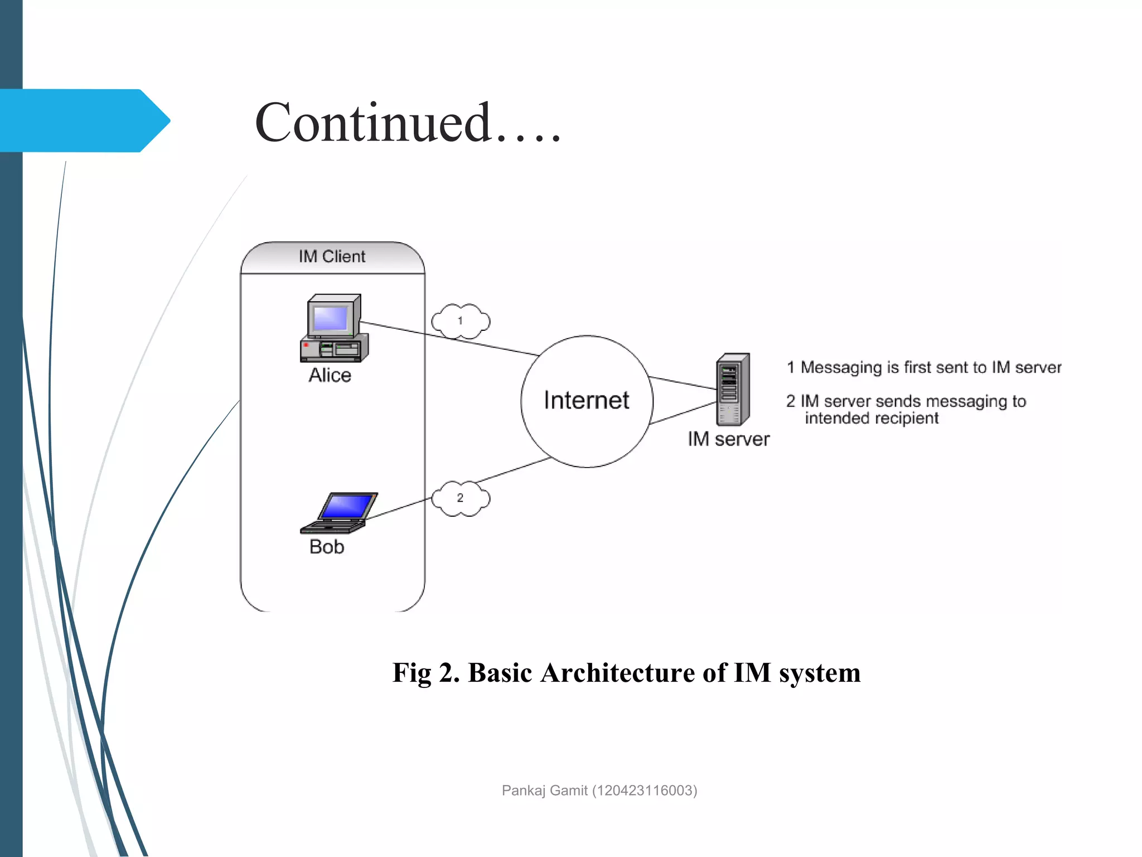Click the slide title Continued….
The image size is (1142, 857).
pos(407,123)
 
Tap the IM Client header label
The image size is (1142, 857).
pos(332,257)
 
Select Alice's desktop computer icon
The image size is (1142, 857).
pos(334,329)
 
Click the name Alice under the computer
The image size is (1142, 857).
pos(330,375)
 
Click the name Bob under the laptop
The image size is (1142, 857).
pos(327,547)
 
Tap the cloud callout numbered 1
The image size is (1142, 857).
pos(461,321)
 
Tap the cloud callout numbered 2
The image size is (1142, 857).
pos(461,498)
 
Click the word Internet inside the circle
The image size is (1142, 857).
pos(586,401)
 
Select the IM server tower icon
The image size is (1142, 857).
pos(732,389)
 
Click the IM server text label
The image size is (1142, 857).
pos(728,439)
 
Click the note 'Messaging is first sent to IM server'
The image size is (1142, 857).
pos(930,368)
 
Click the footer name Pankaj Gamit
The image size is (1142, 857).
pos(544,791)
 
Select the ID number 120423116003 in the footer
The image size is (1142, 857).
pos(645,791)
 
